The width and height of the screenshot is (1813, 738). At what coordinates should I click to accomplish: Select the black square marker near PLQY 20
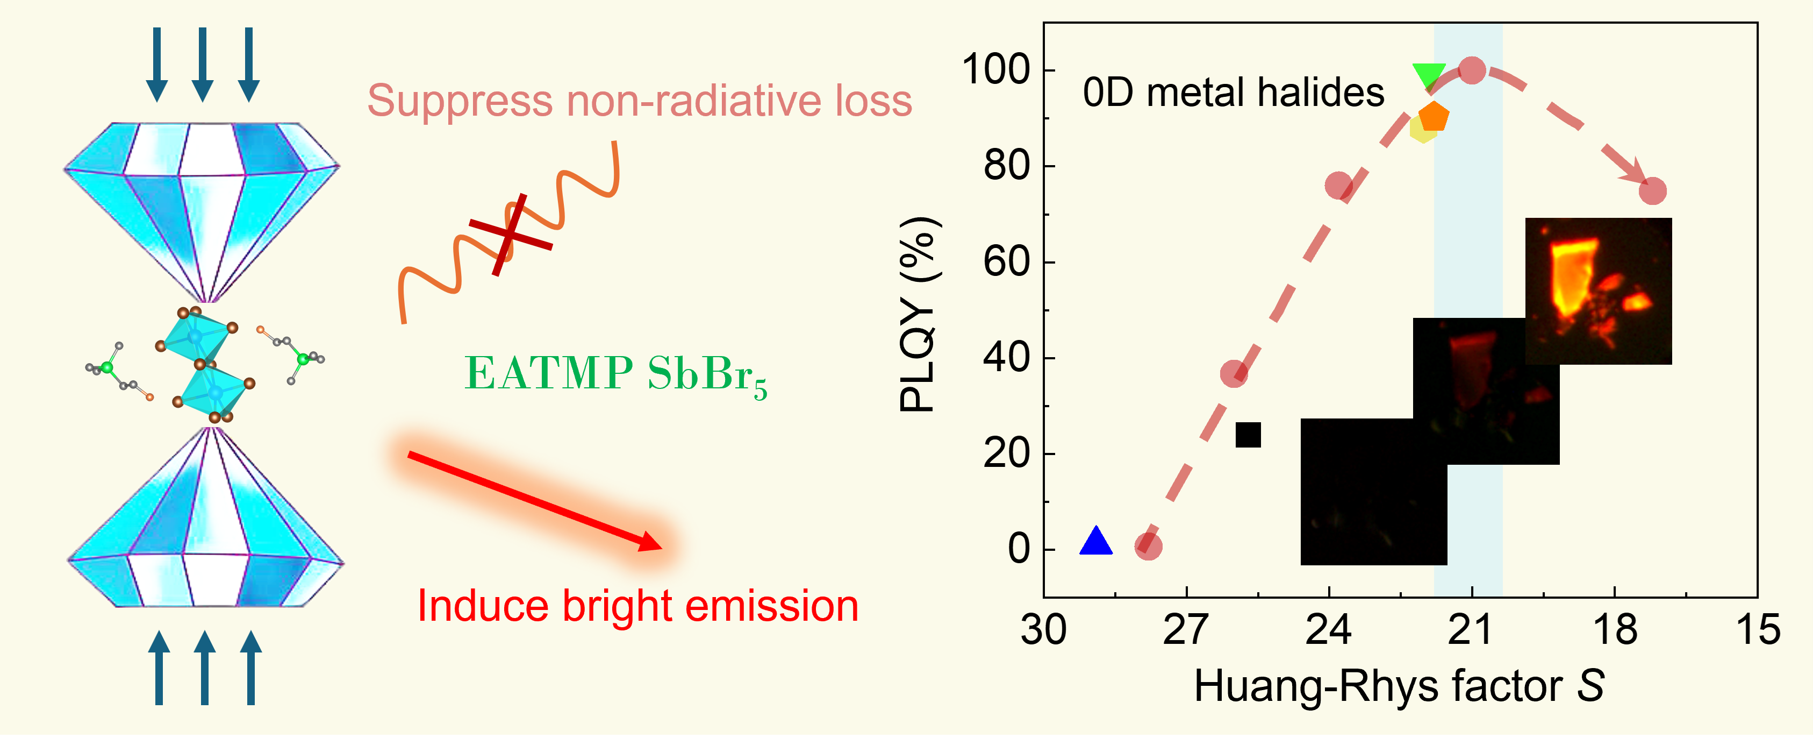click(1248, 435)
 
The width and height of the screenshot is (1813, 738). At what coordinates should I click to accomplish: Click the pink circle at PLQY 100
click(1472, 70)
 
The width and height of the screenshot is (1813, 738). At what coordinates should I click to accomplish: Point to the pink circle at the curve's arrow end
click(1652, 191)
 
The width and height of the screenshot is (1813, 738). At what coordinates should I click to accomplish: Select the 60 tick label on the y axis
click(1006, 262)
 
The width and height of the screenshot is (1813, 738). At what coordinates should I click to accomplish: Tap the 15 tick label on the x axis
click(1758, 630)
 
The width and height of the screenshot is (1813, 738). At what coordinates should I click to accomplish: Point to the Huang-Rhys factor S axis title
click(1399, 686)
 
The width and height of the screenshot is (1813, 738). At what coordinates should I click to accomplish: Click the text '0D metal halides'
click(1233, 93)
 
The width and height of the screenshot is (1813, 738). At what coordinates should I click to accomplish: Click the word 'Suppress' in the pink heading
click(460, 101)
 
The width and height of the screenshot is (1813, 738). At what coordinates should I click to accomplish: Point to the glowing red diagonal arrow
click(535, 501)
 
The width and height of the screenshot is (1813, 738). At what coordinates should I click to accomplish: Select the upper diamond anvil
click(203, 204)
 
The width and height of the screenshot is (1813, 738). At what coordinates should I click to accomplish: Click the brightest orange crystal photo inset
click(1597, 291)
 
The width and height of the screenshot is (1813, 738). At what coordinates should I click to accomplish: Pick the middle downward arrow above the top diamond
click(203, 64)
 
